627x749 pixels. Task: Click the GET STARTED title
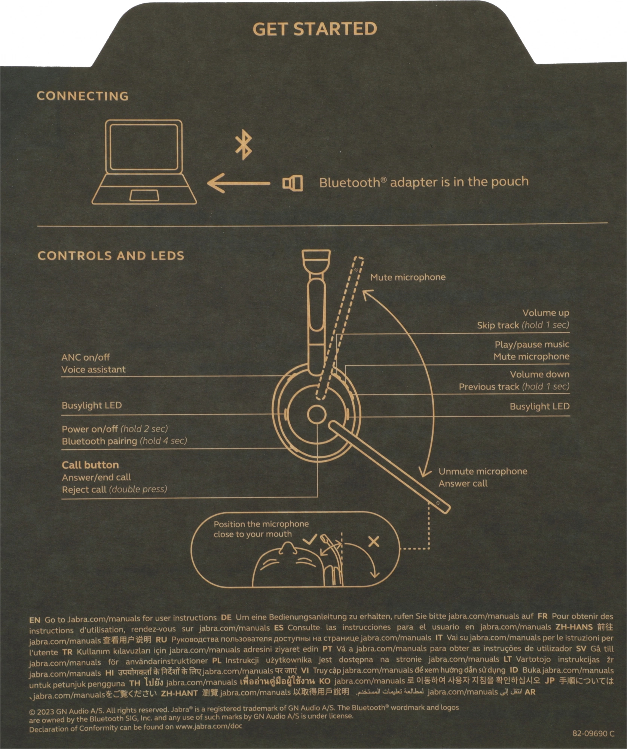pos(315,29)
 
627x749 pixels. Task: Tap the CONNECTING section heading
pos(83,96)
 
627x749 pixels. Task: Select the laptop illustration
pos(144,162)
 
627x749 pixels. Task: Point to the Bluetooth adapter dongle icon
pos(293,184)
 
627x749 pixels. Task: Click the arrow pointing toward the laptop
pos(239,183)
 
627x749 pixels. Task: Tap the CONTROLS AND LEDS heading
pos(111,256)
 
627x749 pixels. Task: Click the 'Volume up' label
pos(545,313)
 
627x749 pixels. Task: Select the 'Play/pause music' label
pos(532,344)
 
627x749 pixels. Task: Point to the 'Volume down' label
pos(539,374)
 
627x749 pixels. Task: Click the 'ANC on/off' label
pos(86,357)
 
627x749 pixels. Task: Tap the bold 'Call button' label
pos(90,465)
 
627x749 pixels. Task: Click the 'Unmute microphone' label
pos(483,471)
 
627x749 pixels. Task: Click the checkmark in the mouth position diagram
pos(310,540)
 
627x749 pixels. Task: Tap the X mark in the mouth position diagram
pos(374,542)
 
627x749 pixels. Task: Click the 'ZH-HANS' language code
pos(574,627)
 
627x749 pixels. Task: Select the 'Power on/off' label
pos(90,429)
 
